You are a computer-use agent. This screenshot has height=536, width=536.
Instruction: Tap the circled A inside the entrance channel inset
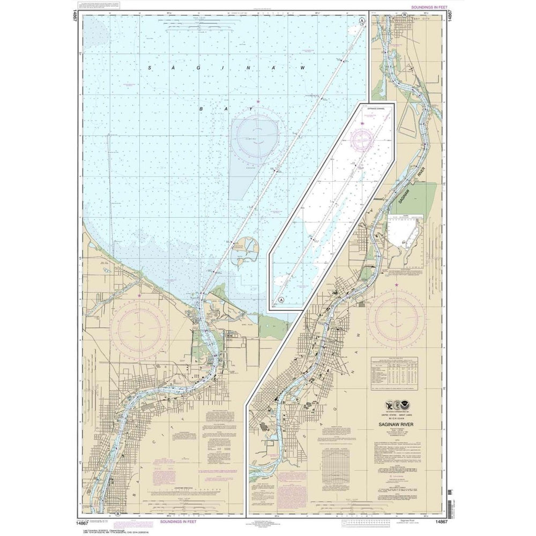click(280, 300)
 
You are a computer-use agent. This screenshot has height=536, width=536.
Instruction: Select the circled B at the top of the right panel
click(403, 15)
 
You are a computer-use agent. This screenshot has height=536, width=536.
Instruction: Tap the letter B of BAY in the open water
click(202, 109)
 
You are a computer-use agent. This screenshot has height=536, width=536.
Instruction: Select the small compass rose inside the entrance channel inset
click(363, 140)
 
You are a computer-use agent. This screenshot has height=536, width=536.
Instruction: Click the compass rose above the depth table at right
click(397, 320)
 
